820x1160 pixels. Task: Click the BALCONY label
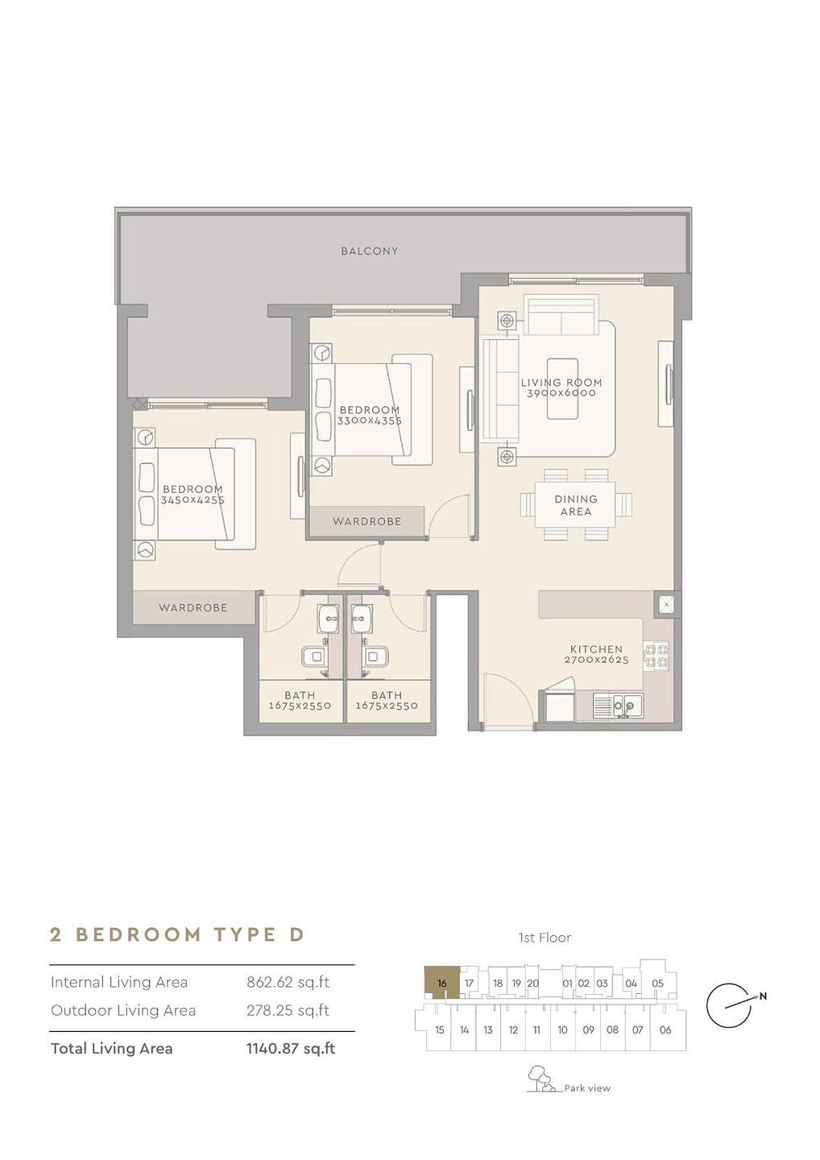tap(369, 251)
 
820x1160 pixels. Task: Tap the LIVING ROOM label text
tap(561, 383)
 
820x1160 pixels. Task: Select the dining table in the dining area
tap(576, 505)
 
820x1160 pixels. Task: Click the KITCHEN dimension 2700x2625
tap(596, 661)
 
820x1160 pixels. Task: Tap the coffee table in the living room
tap(563, 388)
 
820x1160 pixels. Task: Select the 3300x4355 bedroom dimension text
tap(370, 421)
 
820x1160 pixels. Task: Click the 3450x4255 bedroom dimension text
tap(193, 500)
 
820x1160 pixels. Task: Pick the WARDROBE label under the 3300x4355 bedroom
tap(367, 521)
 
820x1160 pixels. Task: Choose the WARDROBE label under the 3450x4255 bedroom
tap(193, 607)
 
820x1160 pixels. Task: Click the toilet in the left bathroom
tap(314, 657)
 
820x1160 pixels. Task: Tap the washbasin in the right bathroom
tap(362, 619)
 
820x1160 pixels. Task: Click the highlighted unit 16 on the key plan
tap(441, 983)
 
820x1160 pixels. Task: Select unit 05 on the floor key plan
tap(658, 984)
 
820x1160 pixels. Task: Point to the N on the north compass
tap(763, 996)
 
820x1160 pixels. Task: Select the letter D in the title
tap(296, 934)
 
